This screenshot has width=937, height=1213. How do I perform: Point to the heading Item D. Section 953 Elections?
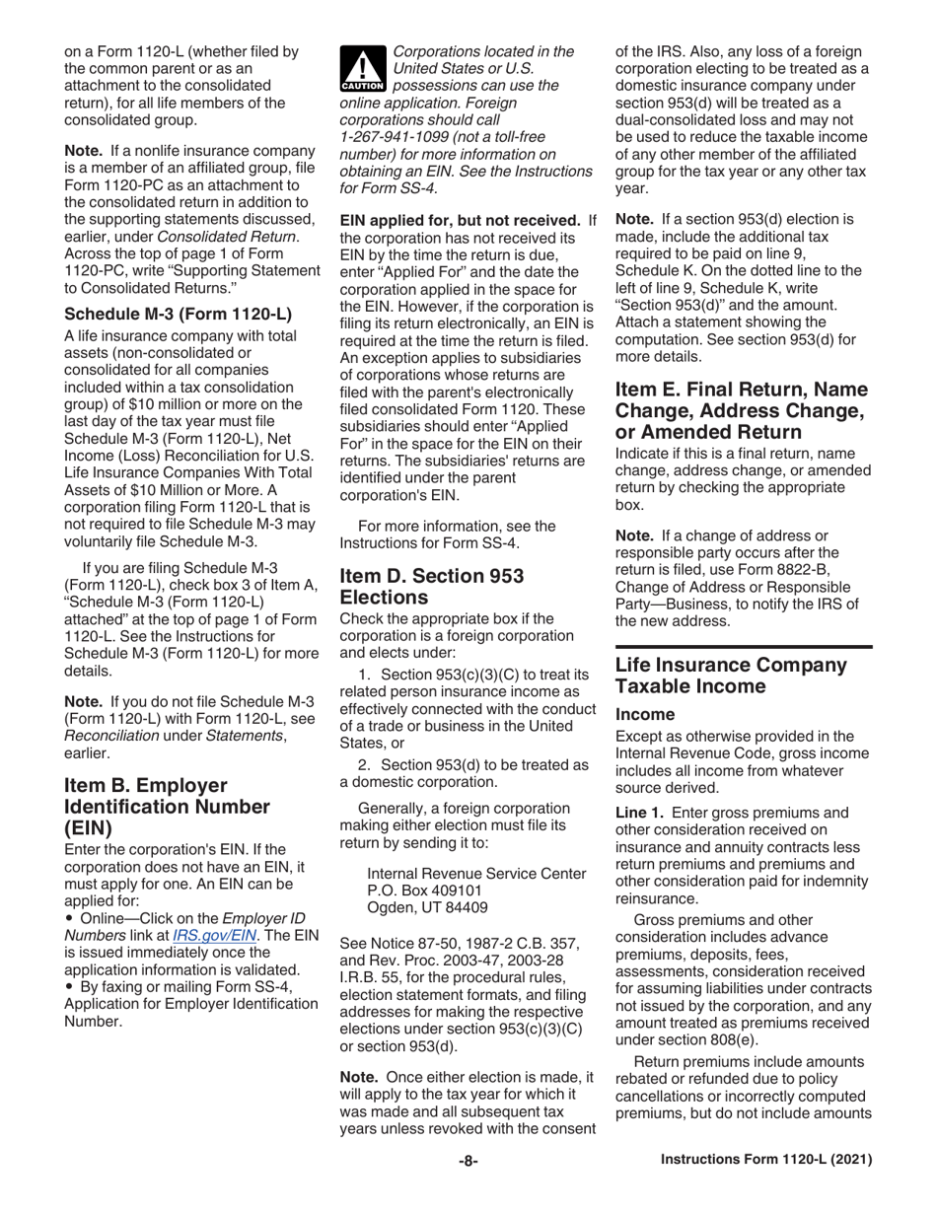[x=432, y=586]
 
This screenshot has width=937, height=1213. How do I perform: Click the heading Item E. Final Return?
[x=740, y=397]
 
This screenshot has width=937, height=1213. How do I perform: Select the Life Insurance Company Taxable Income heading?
[x=731, y=676]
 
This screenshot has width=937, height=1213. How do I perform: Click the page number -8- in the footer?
[x=468, y=1162]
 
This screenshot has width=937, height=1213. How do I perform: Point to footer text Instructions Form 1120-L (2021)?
[x=765, y=1162]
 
